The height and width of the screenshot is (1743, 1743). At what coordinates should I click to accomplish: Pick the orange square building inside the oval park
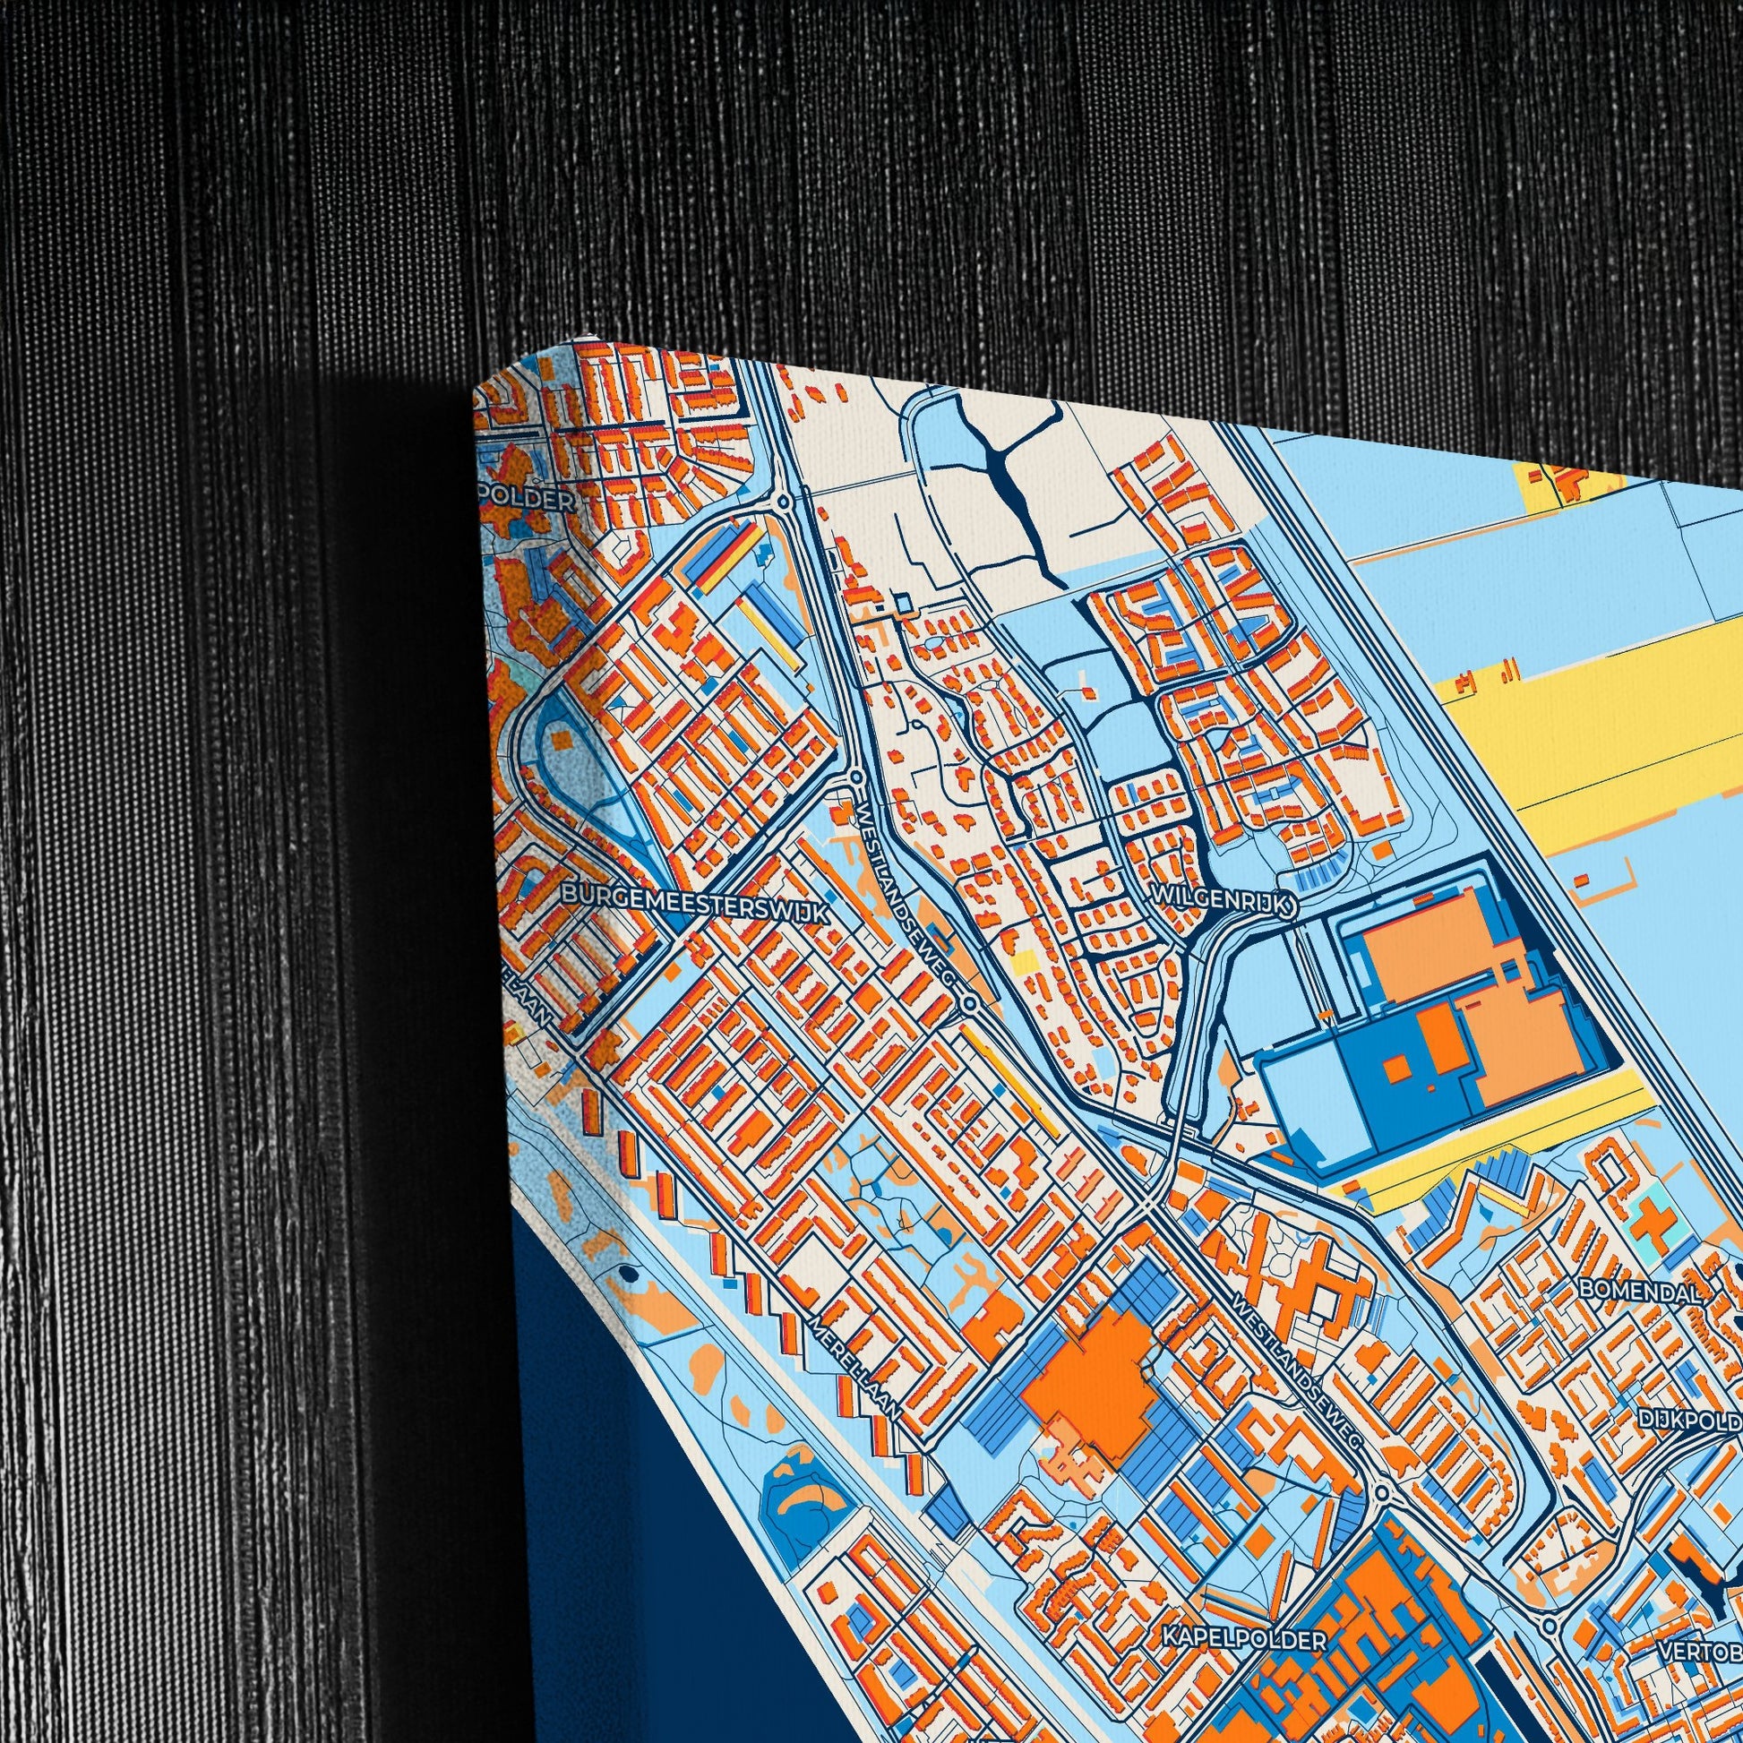coord(562,742)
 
